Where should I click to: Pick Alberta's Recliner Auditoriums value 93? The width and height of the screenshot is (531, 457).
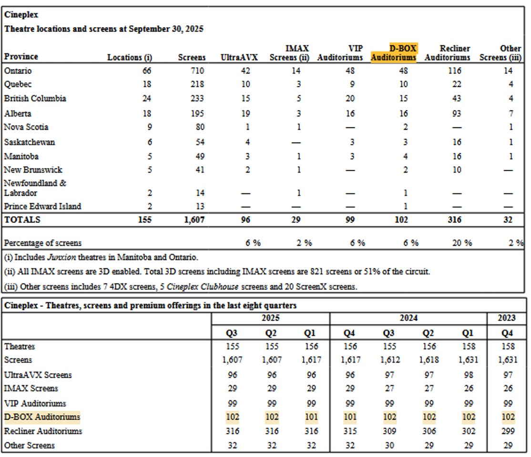pyautogui.click(x=457, y=114)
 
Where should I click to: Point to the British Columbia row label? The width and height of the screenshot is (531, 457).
pyautogui.click(x=35, y=99)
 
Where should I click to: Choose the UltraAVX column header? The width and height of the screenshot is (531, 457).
pyautogui.click(x=239, y=57)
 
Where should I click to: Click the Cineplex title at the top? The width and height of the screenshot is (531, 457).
pyautogui.click(x=18, y=15)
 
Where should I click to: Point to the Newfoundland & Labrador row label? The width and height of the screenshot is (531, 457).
pyautogui.click(x=35, y=188)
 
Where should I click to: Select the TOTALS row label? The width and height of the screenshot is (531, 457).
pyautogui.click(x=22, y=220)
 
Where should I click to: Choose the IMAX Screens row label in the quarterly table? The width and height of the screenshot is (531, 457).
pyautogui.click(x=31, y=388)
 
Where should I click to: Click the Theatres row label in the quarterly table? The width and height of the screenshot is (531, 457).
pyautogui.click(x=20, y=346)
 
